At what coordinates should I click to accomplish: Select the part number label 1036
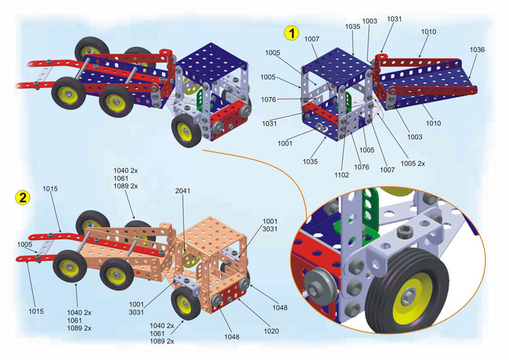point(477,50)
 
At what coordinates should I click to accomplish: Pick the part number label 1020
point(270,331)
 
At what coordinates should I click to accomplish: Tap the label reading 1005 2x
point(413,163)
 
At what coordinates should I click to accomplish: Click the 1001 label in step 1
point(286,142)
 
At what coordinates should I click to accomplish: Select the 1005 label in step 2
point(24,244)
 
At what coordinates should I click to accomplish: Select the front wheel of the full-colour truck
point(186,129)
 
